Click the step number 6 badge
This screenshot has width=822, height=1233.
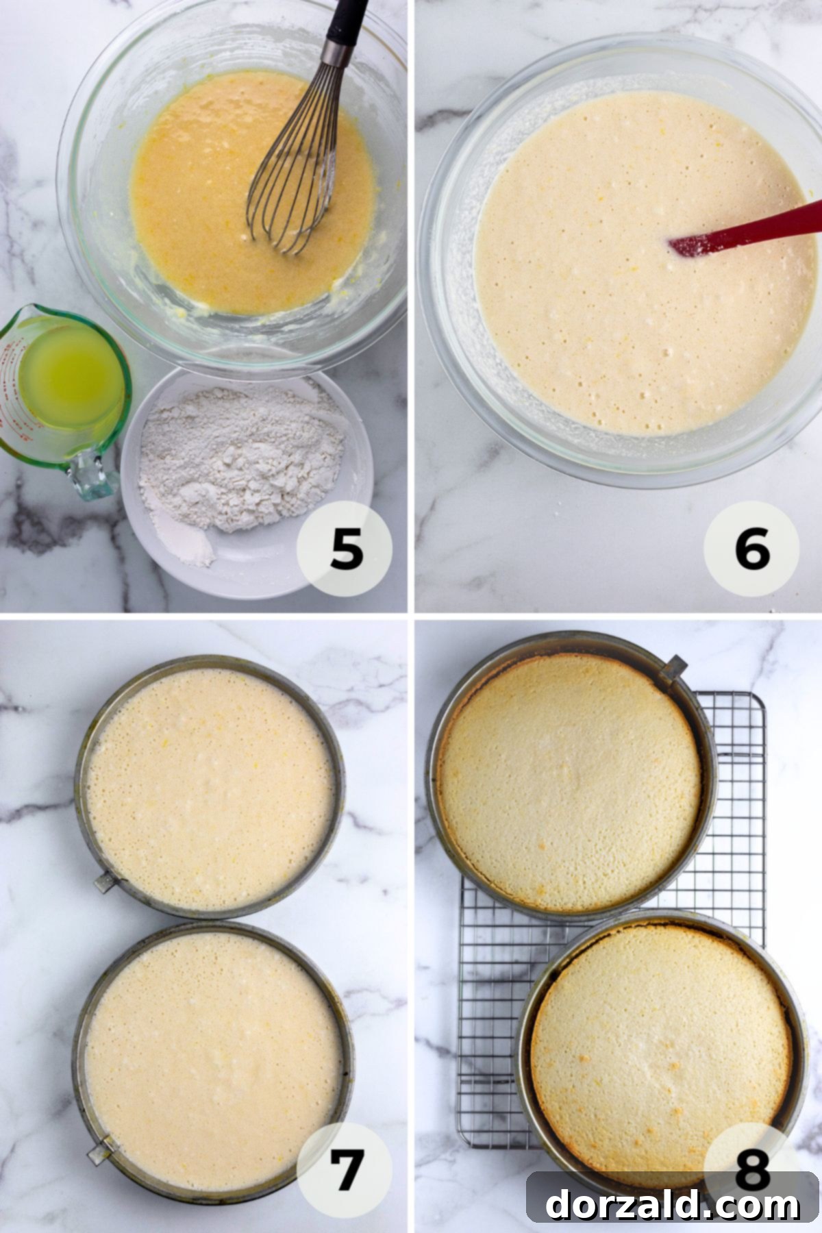[x=752, y=550]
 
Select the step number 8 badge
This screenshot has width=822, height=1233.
[x=752, y=1158]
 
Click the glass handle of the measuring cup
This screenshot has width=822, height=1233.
[x=89, y=473]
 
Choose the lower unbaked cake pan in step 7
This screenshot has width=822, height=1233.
[x=212, y=1048]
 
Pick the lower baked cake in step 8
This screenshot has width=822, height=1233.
[x=661, y=1038]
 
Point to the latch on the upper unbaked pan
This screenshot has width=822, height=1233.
[x=105, y=882]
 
